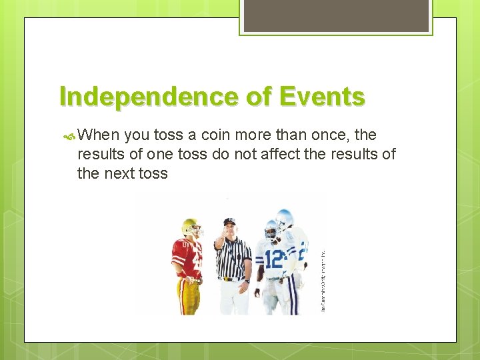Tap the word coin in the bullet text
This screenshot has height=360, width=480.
point(217,135)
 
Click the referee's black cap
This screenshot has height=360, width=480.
point(230,221)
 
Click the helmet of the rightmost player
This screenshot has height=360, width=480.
point(285,218)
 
